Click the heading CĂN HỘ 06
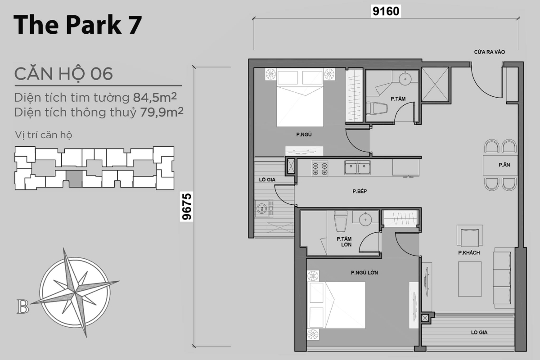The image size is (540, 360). (x=63, y=73)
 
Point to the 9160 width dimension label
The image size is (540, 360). (x=385, y=11)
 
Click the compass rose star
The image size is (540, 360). (x=74, y=286)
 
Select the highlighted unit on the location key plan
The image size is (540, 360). (x=74, y=179)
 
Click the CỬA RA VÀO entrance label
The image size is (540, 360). (x=489, y=52)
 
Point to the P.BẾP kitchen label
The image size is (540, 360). (x=360, y=191)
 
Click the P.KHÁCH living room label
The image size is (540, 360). (x=469, y=253)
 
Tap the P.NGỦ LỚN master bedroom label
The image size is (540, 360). (x=364, y=273)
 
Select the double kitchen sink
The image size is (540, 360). (x=357, y=168)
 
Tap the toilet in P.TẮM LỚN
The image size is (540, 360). (x=339, y=221)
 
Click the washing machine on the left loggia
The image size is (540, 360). (x=261, y=208)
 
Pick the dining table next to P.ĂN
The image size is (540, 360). (x=493, y=165)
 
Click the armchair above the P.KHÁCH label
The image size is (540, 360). (x=469, y=235)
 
